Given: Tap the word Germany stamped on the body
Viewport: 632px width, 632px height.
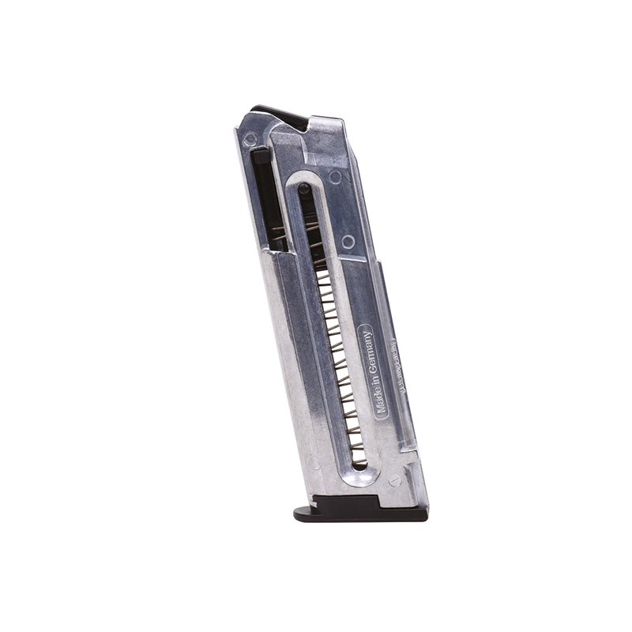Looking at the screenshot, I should tap(369, 349).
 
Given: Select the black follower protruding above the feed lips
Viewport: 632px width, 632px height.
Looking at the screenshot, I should tap(280, 118).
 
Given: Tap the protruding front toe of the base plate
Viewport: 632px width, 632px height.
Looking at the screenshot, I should tap(303, 513).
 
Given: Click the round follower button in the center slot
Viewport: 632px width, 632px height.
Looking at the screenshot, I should tap(304, 189).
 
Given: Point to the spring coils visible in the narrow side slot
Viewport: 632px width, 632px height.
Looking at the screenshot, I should tap(276, 234).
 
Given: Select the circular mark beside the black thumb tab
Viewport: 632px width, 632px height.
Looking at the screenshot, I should tap(250, 140).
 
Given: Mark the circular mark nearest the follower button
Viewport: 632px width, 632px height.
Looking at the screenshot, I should tap(335, 178).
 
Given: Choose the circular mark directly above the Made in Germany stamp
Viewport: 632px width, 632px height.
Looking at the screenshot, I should tap(348, 242).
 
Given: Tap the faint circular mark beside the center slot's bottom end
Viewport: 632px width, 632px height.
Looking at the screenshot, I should tap(316, 463).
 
